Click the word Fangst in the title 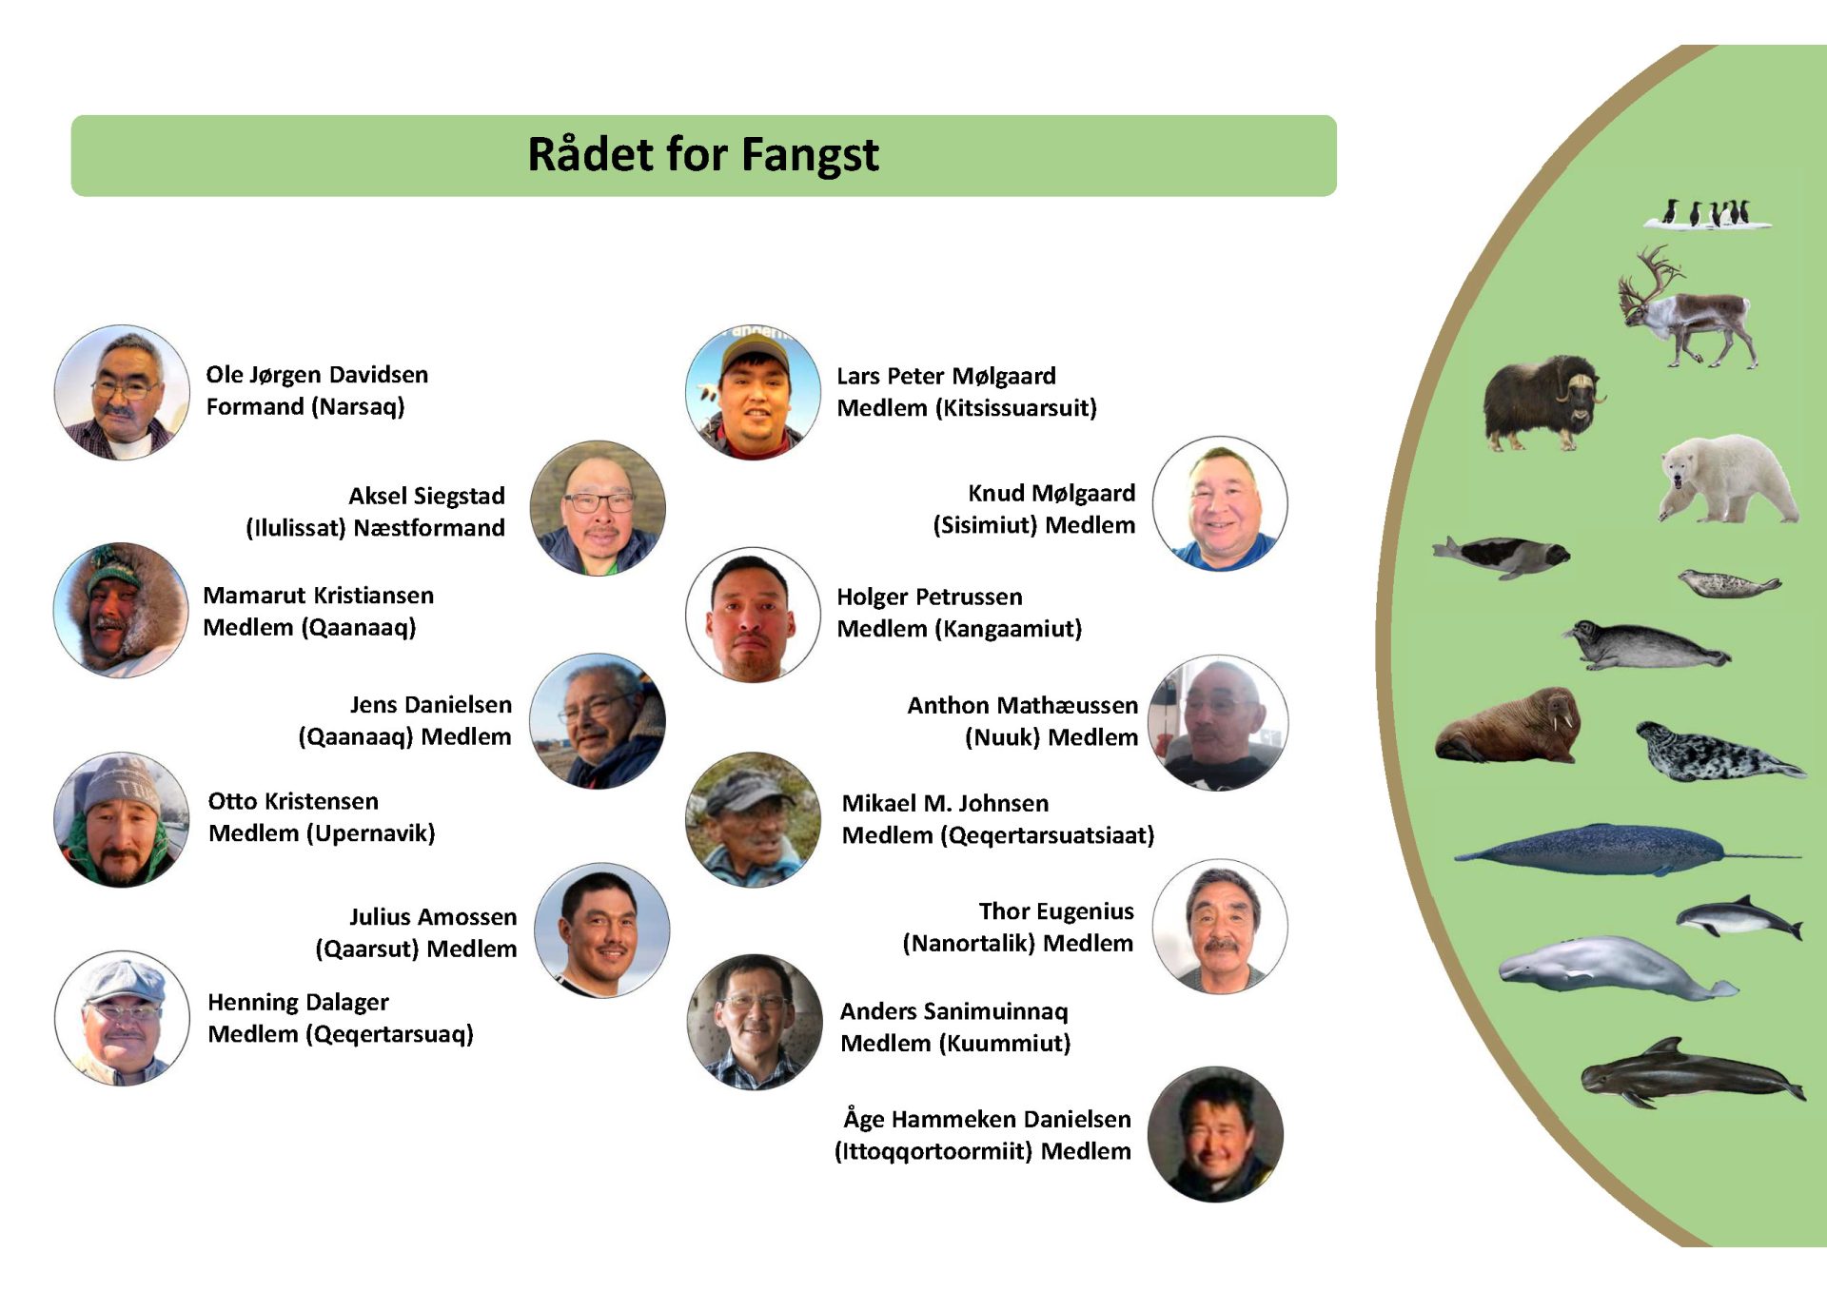tap(809, 155)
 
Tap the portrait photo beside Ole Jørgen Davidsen tap(122, 392)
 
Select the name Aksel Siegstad tap(426, 496)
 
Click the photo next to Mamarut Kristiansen tap(121, 610)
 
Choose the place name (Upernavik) tap(370, 833)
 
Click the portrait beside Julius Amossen tap(601, 930)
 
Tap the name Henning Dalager tap(298, 1003)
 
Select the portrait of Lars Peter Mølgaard tap(753, 392)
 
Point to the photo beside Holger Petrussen tap(753, 615)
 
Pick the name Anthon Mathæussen tap(1022, 705)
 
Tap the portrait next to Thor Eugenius tap(1220, 927)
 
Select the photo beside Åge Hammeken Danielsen tap(1215, 1134)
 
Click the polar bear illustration tap(1727, 479)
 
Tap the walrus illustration tap(1508, 726)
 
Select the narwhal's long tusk tap(1761, 856)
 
